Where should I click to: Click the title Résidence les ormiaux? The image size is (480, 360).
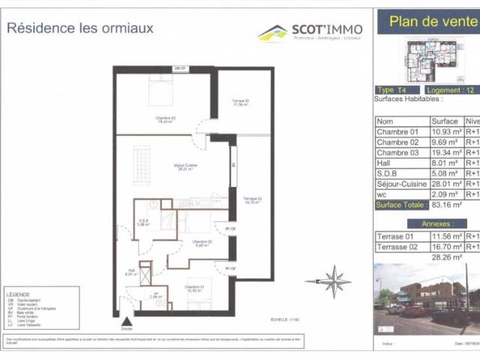point(80,28)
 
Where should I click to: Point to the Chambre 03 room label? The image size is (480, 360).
point(165,118)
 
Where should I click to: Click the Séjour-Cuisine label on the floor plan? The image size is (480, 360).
point(184,166)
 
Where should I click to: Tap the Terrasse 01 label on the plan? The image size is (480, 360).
point(240,103)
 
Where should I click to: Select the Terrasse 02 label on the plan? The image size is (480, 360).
point(251,199)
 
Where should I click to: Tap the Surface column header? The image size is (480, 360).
point(445,121)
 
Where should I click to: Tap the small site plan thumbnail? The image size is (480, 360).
point(430,61)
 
